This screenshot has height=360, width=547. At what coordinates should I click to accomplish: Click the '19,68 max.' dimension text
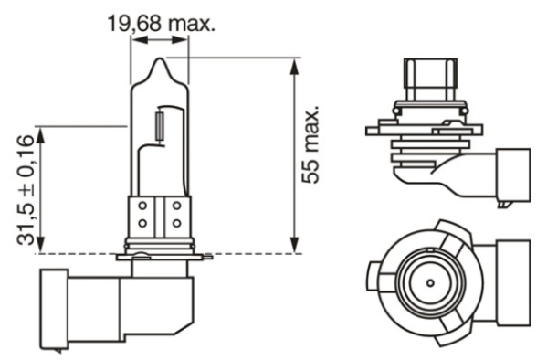pyautogui.click(x=162, y=23)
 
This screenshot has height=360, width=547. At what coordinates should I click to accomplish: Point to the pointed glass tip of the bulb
pyautogui.click(x=160, y=63)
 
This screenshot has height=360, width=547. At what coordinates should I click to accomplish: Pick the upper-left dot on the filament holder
pyautogui.click(x=142, y=206)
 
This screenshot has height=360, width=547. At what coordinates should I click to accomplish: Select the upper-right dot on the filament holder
pyautogui.click(x=175, y=206)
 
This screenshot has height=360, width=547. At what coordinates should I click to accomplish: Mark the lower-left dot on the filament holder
pyautogui.click(x=142, y=223)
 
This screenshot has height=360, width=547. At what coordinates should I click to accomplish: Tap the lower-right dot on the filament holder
pyautogui.click(x=175, y=223)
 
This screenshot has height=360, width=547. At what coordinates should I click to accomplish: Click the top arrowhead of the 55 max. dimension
pyautogui.click(x=292, y=64)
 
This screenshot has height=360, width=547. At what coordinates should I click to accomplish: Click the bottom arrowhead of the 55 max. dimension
pyautogui.click(x=292, y=246)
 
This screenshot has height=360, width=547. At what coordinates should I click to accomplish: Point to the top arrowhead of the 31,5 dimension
pyautogui.click(x=42, y=132)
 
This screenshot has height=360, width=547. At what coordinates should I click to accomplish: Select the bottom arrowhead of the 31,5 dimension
pyautogui.click(x=42, y=246)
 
